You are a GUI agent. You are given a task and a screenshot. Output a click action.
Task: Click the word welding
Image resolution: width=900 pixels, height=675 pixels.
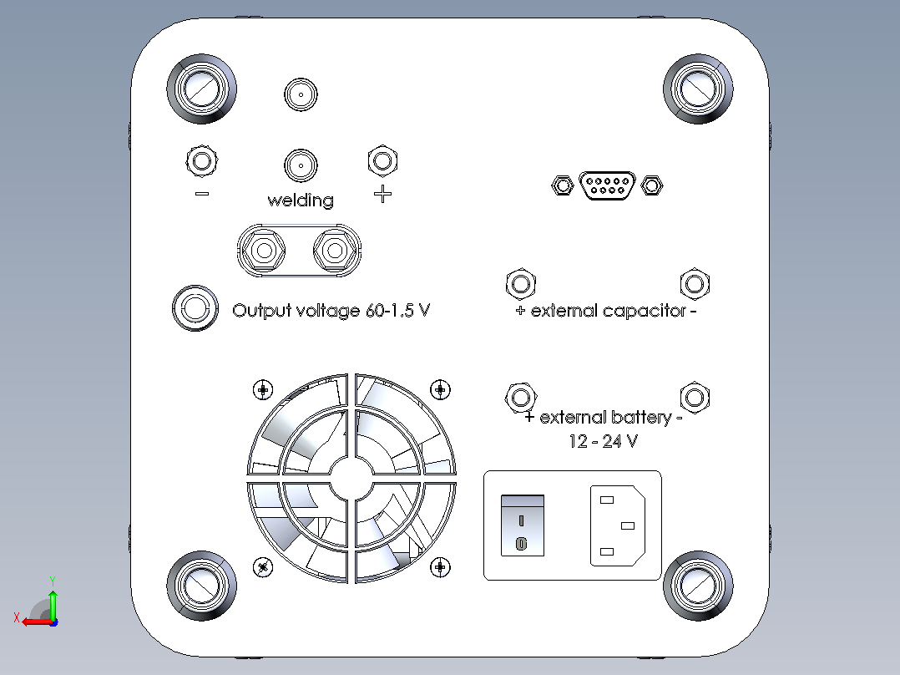tap(301, 200)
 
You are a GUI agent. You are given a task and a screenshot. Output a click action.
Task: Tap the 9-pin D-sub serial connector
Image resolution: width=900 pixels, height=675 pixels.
tap(607, 185)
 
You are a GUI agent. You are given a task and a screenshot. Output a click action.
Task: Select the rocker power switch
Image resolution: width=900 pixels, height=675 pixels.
tap(523, 525)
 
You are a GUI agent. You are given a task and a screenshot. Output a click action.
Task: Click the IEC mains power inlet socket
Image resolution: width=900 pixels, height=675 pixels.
tap(618, 525)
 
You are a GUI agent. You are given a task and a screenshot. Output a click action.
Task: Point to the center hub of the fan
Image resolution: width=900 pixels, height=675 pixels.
tap(351, 478)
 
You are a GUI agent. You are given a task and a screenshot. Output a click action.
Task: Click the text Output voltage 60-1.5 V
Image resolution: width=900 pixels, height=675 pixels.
tap(331, 311)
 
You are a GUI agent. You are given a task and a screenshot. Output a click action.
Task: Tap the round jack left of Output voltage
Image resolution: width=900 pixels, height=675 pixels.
tap(195, 308)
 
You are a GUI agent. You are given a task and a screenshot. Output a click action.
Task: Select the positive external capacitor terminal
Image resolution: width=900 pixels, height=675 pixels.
tap(521, 284)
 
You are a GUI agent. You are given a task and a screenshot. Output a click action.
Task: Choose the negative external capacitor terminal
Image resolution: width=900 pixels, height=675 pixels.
tap(695, 284)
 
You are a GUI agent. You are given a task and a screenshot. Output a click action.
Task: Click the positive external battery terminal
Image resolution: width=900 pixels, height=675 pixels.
tap(521, 398)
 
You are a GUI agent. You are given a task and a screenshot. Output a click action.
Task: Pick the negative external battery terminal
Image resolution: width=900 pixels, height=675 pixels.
tap(695, 397)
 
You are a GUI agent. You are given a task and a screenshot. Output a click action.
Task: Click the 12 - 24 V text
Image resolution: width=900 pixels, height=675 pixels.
tap(604, 441)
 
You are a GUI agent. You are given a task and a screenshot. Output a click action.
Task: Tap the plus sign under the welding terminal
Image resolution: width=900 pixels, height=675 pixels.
tap(383, 194)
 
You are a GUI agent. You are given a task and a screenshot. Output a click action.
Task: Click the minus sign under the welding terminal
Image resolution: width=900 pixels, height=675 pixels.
tap(202, 194)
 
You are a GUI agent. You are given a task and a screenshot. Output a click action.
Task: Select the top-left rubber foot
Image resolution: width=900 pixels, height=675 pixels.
tap(201, 89)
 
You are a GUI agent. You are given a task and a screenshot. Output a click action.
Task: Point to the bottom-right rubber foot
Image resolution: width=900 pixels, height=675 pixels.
tap(698, 586)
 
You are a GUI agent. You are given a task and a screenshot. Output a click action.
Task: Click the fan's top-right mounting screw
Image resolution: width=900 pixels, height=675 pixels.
tap(440, 389)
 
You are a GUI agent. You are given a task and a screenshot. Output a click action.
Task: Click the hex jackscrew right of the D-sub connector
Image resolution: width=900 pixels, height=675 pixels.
tap(651, 185)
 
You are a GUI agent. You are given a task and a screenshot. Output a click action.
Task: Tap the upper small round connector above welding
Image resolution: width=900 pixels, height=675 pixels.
tap(301, 94)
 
